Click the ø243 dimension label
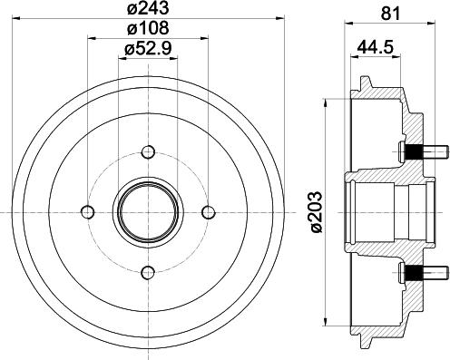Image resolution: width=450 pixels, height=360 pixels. [x=149, y=10]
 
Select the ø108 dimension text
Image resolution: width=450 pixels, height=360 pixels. [x=149, y=33]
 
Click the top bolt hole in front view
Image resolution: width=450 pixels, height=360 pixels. [x=149, y=151]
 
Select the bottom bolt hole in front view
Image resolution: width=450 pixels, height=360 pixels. [x=149, y=270]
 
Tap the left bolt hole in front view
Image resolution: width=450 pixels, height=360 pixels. [x=89, y=211]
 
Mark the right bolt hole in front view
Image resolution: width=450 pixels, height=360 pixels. [x=209, y=211]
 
